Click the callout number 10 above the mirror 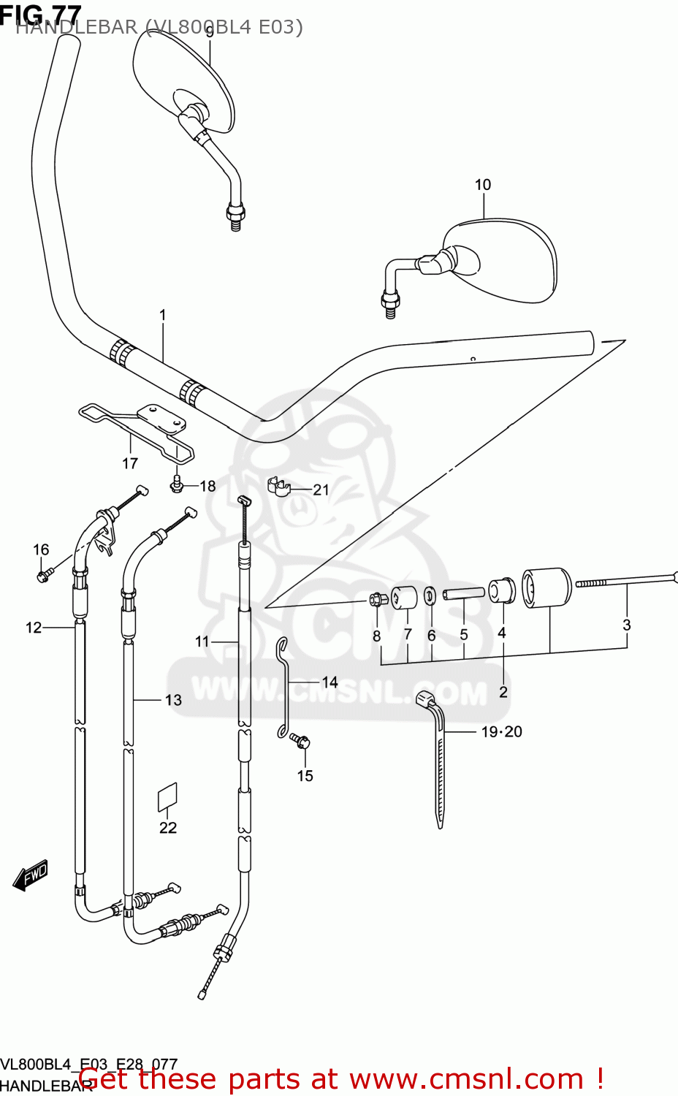point(483,185)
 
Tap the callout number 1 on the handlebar point(162,315)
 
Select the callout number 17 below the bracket point(130,463)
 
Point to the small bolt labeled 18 point(176,484)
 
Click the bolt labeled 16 point(42,576)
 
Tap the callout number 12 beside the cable point(34,628)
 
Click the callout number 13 point(173,700)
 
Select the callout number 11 point(202,642)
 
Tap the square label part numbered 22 point(167,797)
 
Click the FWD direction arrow point(31,875)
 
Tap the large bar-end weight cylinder point(546,587)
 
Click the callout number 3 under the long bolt point(626,625)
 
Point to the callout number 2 point(503,691)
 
